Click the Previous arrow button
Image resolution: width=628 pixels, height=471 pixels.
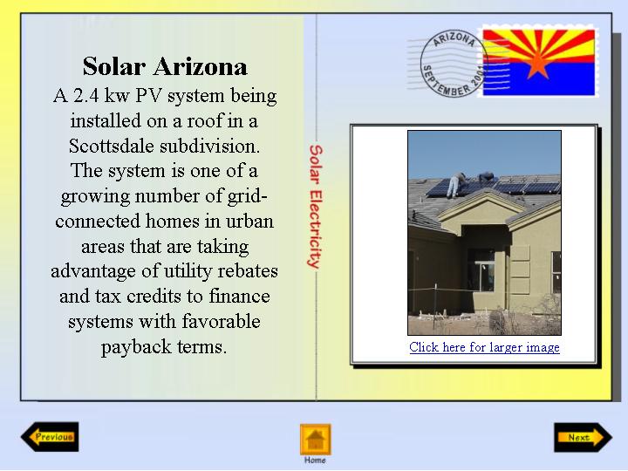50,437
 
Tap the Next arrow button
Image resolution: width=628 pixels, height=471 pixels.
584,437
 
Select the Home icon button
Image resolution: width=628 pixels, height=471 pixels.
315,440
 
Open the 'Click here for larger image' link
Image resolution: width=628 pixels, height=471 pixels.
484,347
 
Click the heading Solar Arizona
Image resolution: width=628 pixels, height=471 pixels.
165,66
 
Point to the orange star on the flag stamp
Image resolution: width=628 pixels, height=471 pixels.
537,64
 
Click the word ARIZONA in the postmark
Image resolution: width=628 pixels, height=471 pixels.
454,39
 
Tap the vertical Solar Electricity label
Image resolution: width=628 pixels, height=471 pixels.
316,206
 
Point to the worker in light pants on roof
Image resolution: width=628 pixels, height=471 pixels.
455,185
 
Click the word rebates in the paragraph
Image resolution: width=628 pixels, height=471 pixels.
248,271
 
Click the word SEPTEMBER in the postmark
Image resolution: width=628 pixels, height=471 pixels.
446,82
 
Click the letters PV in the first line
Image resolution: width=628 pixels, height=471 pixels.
148,96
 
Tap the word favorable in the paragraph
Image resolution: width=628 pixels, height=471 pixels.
221,322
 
